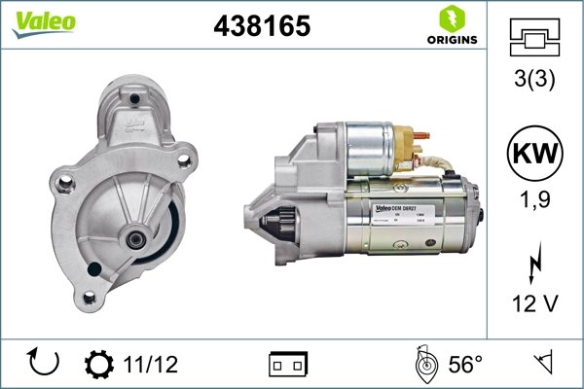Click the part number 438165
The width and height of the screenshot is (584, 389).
(x=262, y=26)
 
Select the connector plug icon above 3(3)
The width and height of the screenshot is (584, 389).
(x=534, y=40)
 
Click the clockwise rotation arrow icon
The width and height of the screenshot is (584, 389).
(x=45, y=363)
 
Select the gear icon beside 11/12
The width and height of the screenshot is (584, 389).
(x=99, y=364)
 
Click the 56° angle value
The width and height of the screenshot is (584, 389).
(x=465, y=364)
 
